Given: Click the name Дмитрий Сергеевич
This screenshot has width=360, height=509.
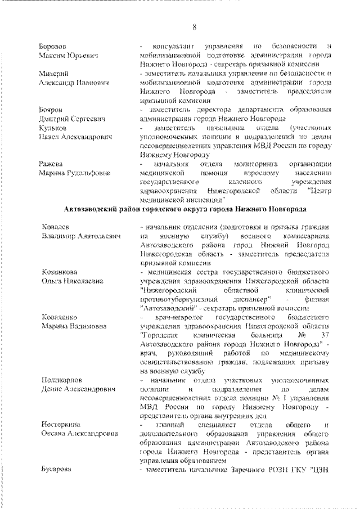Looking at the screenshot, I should pyautogui.click(x=72, y=119).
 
